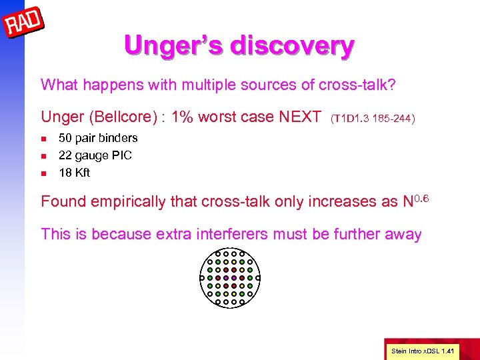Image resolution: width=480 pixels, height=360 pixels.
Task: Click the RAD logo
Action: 23,26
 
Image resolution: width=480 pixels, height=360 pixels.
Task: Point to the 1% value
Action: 182,117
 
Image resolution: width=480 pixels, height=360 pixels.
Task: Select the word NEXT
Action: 299,117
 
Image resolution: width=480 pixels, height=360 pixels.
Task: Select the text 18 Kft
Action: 74,173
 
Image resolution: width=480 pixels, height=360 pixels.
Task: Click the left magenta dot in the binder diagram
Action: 225,277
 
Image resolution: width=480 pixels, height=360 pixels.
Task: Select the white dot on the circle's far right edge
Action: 258,277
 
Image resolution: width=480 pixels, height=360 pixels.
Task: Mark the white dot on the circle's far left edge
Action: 201,277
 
